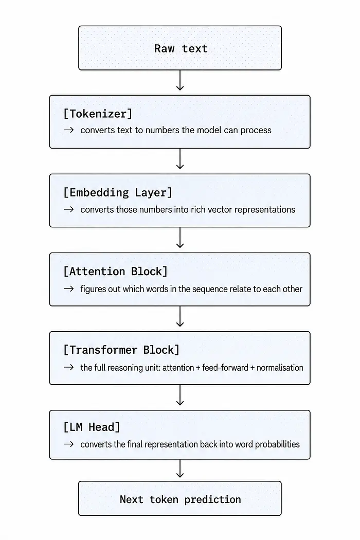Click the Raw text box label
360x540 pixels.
pos(181,48)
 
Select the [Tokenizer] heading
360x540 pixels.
pos(98,114)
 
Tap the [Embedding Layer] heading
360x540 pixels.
pos(118,192)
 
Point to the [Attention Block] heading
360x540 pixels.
pos(115,272)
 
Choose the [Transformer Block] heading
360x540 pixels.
pos(121,350)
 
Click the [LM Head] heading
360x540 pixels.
pos(92,427)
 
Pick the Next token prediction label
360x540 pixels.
pos(180,499)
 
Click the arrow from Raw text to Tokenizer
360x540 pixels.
pos(180,80)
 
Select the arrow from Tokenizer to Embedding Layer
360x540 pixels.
pos(180,159)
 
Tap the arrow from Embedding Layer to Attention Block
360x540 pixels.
pos(180,238)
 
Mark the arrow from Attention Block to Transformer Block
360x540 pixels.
pos(180,316)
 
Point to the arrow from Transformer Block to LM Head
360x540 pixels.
pos(180,395)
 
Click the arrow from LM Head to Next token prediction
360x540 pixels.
pos(180,469)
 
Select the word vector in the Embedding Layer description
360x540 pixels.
pos(220,210)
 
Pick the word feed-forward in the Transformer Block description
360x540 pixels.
pos(225,368)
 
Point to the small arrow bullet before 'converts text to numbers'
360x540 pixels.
pos(68,130)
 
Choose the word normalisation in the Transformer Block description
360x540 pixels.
pos(280,368)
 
